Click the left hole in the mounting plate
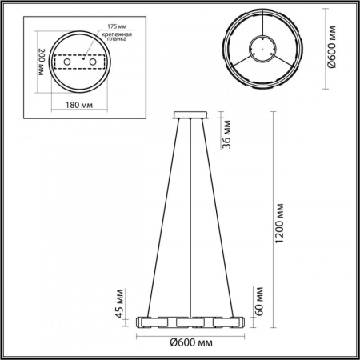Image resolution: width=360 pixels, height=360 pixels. (68, 62)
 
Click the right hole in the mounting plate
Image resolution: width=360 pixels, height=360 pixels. (92, 62)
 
